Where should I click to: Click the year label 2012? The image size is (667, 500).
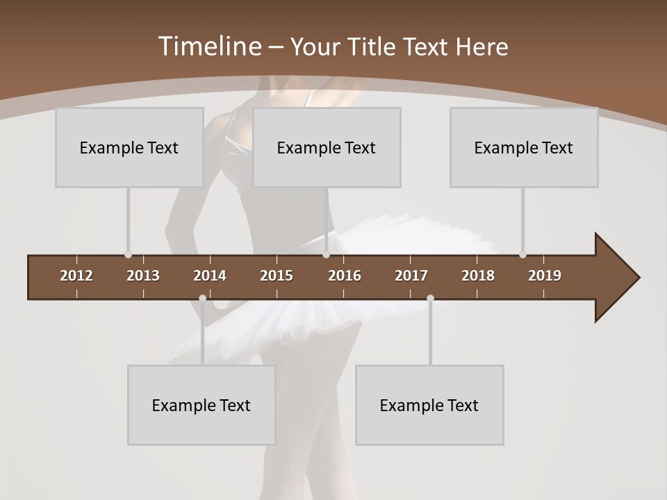coord(76,276)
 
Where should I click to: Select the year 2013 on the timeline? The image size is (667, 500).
coord(143,276)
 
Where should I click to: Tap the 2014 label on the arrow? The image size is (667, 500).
coord(210,276)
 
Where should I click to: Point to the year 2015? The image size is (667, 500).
coord(277,276)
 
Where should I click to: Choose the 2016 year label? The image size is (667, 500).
coord(345,276)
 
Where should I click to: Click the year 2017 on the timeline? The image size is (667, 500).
coord(411,276)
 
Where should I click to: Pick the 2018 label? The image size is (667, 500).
coord(478,276)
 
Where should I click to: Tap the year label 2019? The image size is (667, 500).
coord(545,276)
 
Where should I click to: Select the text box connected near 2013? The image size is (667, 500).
coord(129,147)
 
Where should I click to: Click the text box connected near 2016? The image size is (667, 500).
coord(327,147)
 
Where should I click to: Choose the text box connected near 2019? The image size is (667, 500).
coord(524,147)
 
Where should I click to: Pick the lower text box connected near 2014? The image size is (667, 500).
coord(201,405)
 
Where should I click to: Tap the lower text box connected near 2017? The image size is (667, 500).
coord(429,405)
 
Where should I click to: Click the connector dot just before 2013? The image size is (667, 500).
coord(128,255)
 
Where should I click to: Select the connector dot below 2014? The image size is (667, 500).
coord(202,299)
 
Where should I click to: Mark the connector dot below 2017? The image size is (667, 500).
coord(430,299)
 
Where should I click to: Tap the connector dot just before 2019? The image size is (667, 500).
coord(522,255)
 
